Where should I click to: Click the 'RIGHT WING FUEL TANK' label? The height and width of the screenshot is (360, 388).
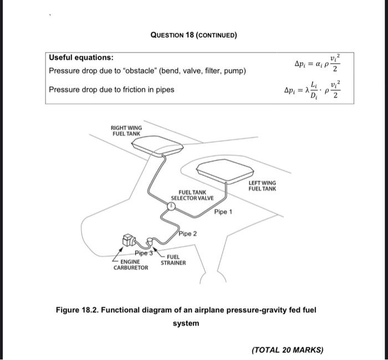[x=127, y=131]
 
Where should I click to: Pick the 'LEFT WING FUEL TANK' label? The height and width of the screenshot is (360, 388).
[x=262, y=186]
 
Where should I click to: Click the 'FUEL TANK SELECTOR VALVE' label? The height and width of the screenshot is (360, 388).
[x=188, y=195]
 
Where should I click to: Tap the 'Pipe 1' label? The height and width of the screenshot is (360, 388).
[x=223, y=212]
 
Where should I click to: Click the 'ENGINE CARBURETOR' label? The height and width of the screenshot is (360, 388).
[x=131, y=264]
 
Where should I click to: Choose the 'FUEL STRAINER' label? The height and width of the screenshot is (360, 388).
[x=173, y=260]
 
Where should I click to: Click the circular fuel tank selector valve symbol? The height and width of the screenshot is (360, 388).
[x=172, y=205]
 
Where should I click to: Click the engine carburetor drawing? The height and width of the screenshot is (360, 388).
[x=129, y=240]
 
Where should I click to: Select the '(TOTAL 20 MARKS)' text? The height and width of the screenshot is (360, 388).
[x=287, y=349]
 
